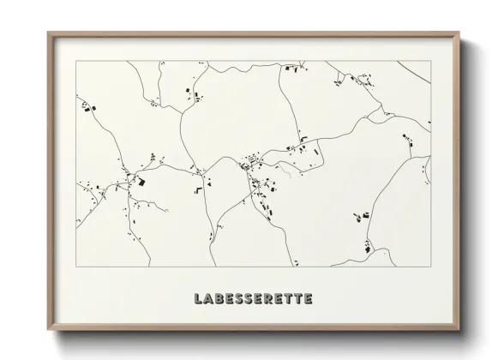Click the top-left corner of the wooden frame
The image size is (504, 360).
click(x=49, y=33)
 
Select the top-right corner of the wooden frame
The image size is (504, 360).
click(x=459, y=33)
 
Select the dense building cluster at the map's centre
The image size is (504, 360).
click(x=252, y=161)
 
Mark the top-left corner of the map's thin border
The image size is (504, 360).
click(x=76, y=61)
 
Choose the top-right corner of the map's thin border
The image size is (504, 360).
click(x=430, y=61)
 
